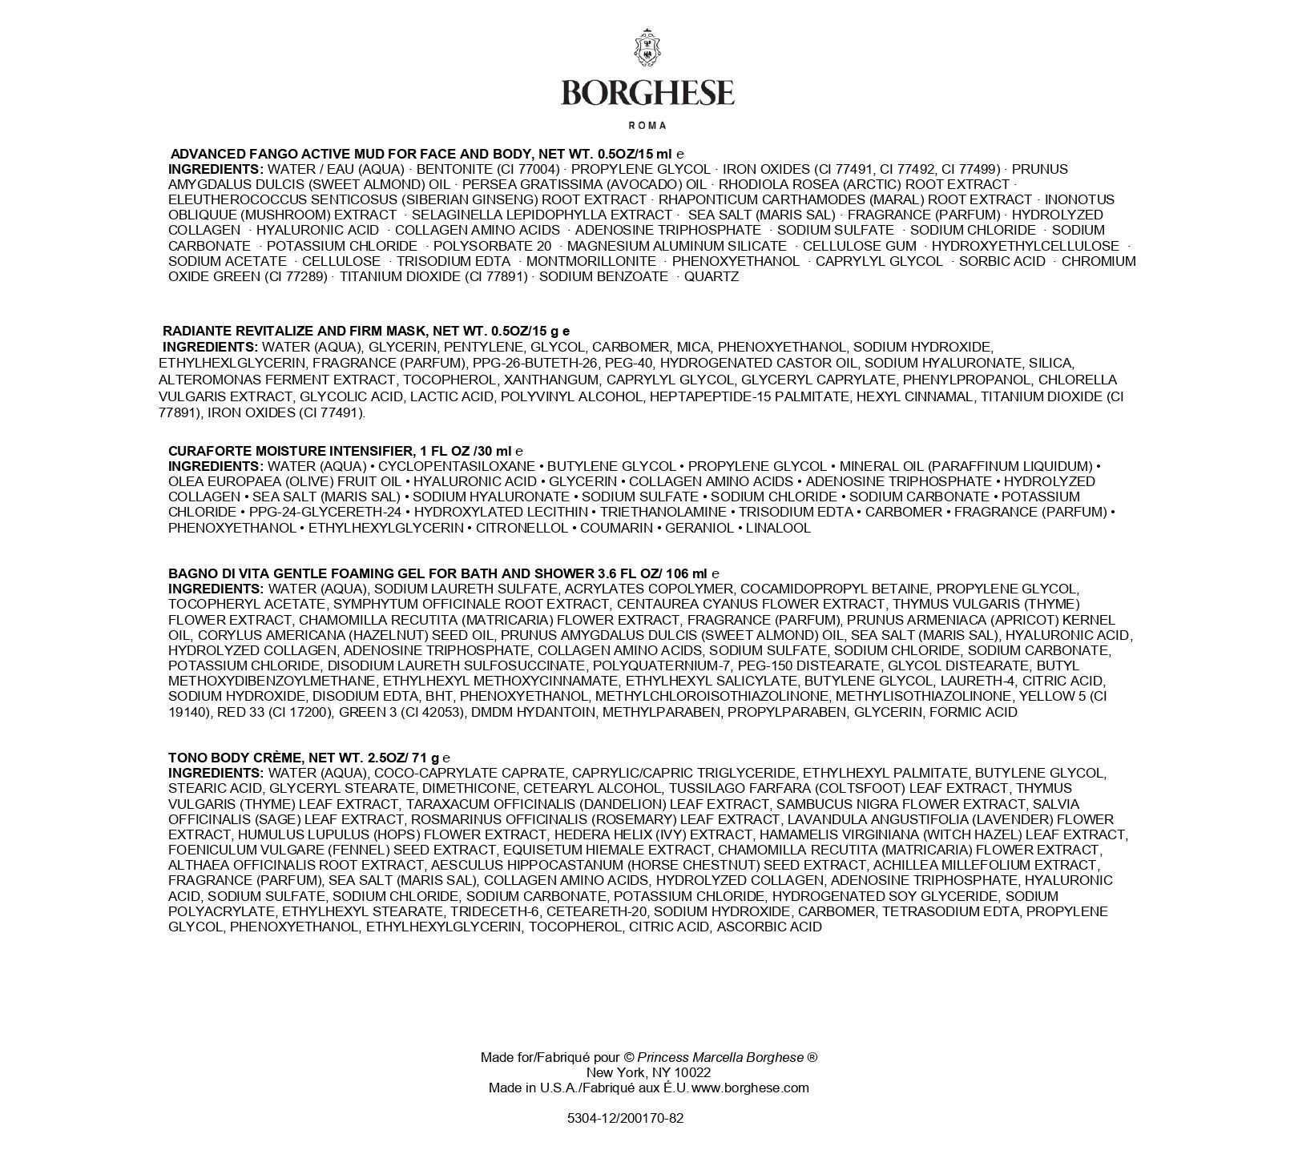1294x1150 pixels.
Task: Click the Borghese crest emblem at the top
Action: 647,48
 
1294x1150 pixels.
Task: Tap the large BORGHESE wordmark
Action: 647,93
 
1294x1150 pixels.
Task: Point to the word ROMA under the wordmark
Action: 647,126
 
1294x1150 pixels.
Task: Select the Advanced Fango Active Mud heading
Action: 427,153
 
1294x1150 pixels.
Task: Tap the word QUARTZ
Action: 711,276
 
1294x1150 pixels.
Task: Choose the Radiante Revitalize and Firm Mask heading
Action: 366,331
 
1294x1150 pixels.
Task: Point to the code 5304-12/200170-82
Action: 625,1119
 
